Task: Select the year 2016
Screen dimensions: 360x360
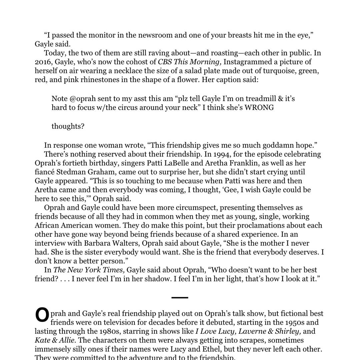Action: [43, 62]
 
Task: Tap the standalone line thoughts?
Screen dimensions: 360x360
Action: [68, 126]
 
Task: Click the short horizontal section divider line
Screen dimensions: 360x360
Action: [180, 297]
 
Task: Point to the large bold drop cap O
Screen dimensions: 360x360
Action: [42, 315]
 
